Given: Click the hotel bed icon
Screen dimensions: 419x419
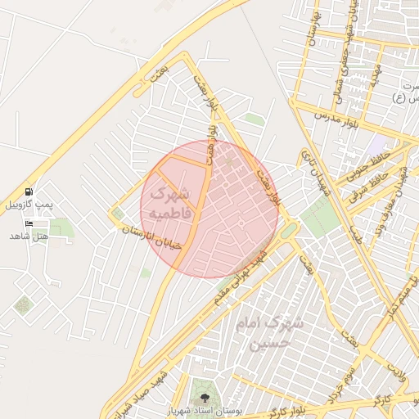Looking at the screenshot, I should (x=30, y=223).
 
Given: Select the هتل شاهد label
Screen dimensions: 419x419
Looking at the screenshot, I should (x=29, y=236).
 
